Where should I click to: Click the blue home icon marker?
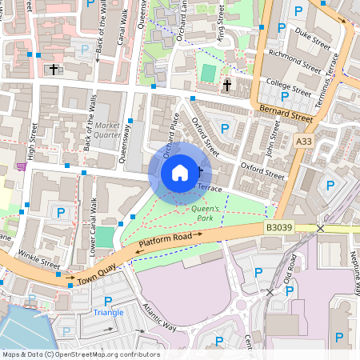click(180, 172)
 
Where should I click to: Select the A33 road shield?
click(303, 141)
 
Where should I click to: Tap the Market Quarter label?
click(107, 130)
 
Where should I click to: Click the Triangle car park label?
click(108, 311)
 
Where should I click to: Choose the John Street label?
click(272, 141)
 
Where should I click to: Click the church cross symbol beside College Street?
click(226, 85)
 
